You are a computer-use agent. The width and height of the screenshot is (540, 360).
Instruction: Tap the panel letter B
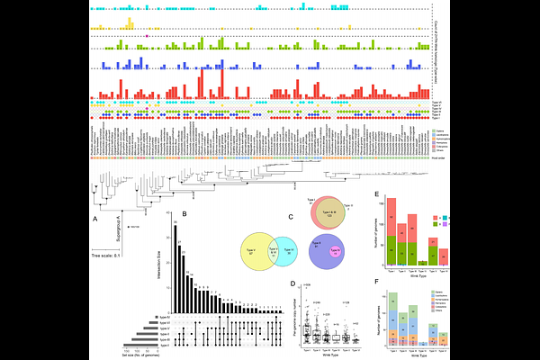pos(184,214)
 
